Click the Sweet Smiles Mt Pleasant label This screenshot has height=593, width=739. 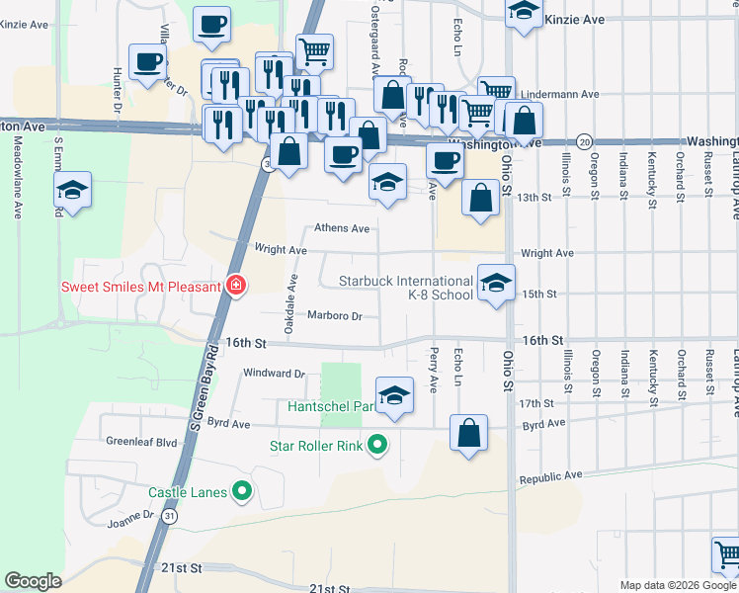tap(139, 287)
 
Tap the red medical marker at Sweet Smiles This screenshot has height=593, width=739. tap(235, 287)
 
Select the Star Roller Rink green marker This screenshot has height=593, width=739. tap(376, 446)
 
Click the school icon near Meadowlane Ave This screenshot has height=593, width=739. tap(73, 190)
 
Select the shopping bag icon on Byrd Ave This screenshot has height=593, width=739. tap(468, 433)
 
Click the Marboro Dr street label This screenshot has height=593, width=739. tap(335, 316)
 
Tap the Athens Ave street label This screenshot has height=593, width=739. tap(342, 228)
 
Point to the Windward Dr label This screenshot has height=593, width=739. tap(274, 374)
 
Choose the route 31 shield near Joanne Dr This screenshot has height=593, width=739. tap(172, 516)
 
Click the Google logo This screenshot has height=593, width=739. tap(33, 581)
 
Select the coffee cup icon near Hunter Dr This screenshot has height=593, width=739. tap(147, 64)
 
